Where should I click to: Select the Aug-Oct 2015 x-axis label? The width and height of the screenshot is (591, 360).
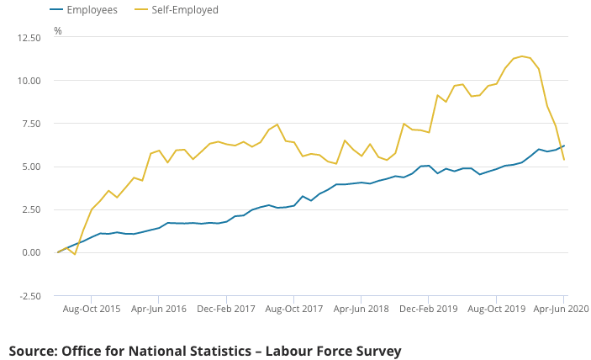92,310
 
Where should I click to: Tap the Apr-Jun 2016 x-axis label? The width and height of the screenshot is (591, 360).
159,310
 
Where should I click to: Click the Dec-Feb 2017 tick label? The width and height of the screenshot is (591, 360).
226,310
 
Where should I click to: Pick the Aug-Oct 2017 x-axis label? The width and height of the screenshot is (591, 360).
294,310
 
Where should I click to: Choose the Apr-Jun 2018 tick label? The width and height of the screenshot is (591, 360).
361,310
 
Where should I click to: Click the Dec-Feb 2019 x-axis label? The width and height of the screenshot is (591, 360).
429,310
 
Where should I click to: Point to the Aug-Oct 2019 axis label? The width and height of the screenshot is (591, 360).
496,310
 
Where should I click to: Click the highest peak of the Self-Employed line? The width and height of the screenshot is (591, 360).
522,56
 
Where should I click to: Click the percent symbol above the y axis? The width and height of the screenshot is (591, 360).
58,31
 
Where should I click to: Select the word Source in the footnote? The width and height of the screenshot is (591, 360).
32,351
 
